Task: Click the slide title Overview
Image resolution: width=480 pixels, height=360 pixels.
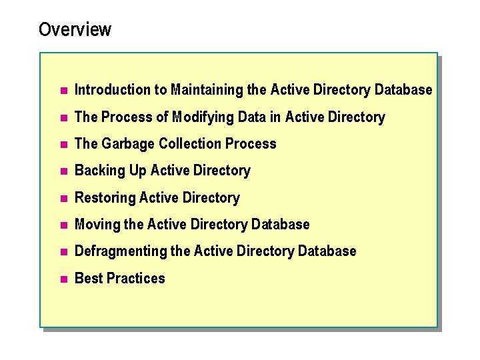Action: tap(75, 30)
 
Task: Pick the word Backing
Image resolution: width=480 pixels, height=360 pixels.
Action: tap(100, 171)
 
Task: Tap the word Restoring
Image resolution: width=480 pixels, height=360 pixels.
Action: tap(105, 198)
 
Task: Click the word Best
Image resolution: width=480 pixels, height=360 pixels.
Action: tap(87, 278)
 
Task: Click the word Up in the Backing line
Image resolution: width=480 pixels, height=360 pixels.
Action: tap(138, 171)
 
